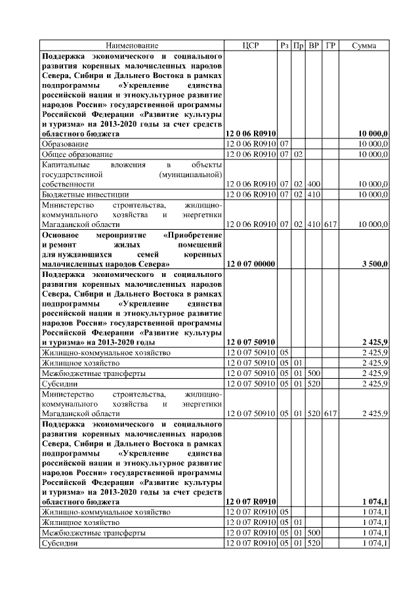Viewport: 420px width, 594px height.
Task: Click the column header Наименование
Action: pos(132,45)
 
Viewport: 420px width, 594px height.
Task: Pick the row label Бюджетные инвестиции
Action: pos(81,195)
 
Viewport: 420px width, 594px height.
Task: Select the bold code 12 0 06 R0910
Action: pos(250,134)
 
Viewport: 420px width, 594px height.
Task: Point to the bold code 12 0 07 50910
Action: pos(250,342)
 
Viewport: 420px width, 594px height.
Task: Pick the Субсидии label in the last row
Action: pos(60,543)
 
